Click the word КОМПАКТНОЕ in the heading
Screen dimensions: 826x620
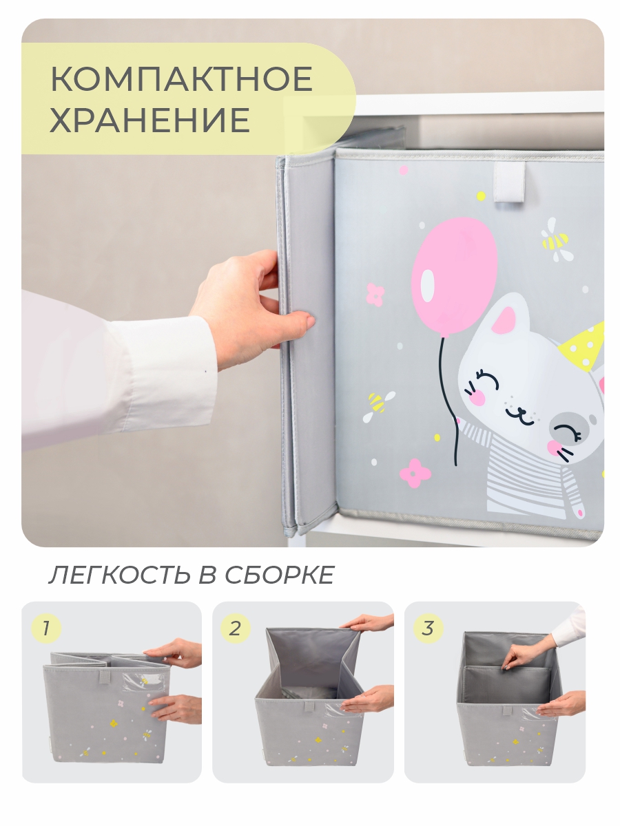pyautogui.click(x=181, y=80)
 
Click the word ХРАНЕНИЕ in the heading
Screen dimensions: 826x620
pyautogui.click(x=149, y=120)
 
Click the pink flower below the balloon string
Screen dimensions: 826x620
pyautogui.click(x=415, y=472)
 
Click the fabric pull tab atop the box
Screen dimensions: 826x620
pyautogui.click(x=509, y=182)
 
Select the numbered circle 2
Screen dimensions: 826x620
pyautogui.click(x=235, y=628)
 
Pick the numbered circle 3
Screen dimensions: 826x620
pyautogui.click(x=428, y=628)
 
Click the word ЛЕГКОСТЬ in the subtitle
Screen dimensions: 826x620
pyautogui.click(x=113, y=575)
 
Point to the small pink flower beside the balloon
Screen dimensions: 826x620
pyautogui.click(x=375, y=294)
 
